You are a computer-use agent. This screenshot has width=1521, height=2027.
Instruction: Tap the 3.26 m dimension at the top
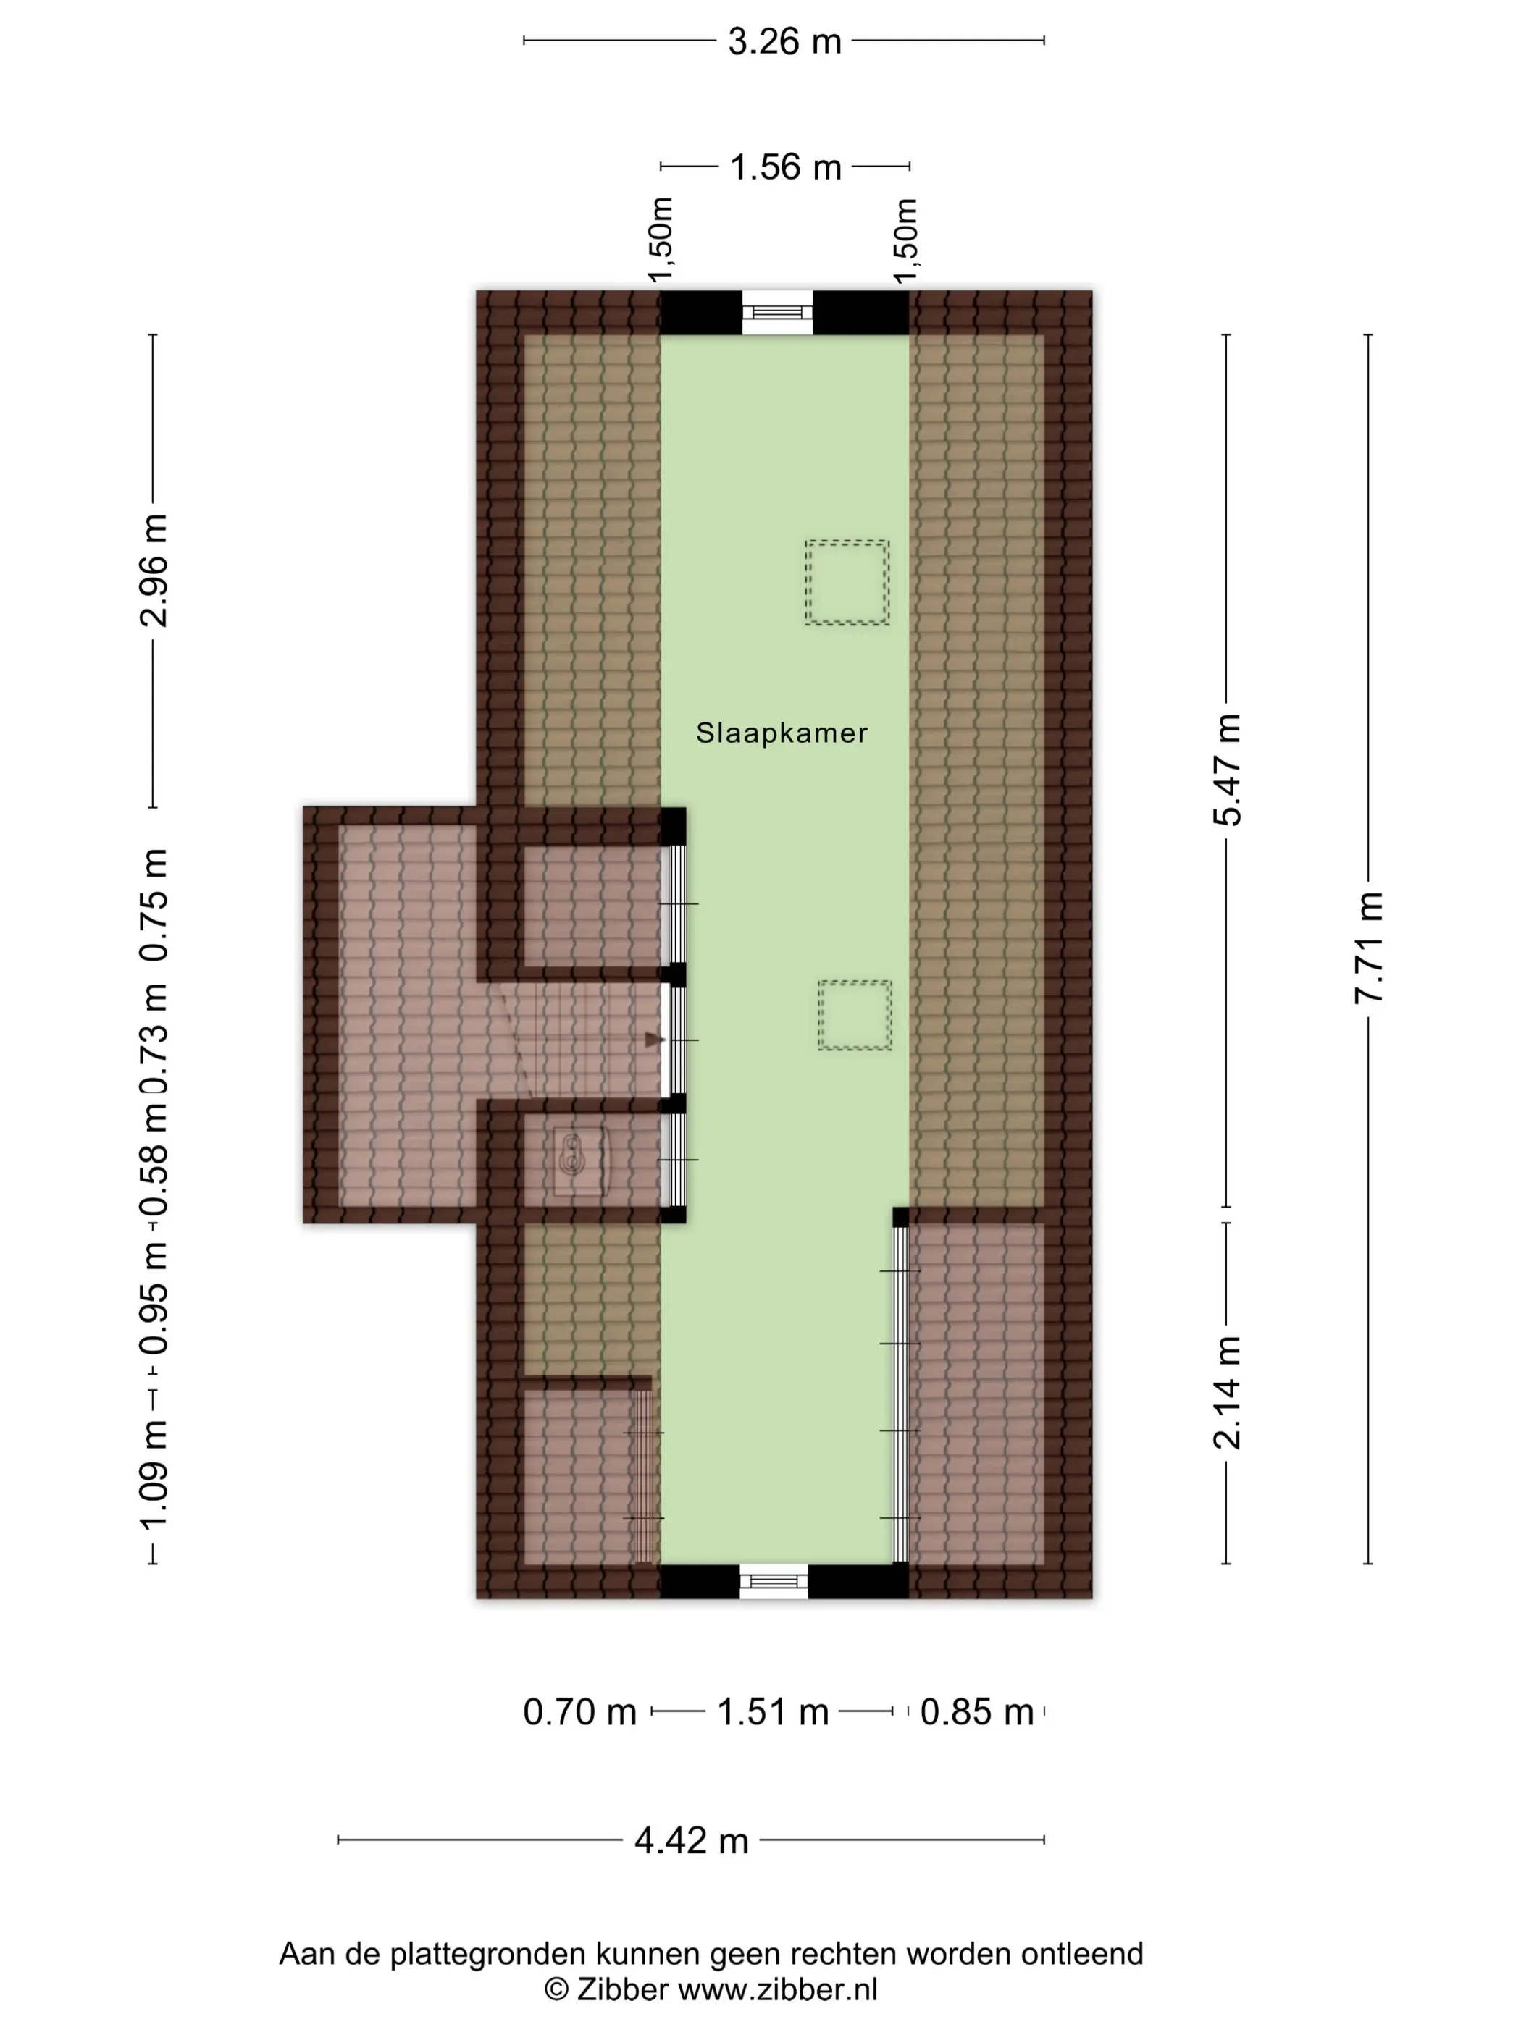tap(785, 41)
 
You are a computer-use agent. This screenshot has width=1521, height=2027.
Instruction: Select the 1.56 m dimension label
tap(786, 167)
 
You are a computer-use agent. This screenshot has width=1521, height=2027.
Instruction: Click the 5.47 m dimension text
tap(1227, 770)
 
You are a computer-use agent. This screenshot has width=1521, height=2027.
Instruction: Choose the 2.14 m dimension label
tap(1227, 1392)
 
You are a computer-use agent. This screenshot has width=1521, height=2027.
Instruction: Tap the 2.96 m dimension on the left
tap(153, 570)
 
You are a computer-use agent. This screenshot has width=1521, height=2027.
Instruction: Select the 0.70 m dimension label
tap(579, 1712)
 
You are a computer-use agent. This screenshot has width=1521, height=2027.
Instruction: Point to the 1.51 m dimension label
tap(772, 1712)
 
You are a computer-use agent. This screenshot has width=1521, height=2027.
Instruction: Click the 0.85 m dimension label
tap(976, 1712)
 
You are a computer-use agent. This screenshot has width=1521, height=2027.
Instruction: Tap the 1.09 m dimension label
tap(153, 1475)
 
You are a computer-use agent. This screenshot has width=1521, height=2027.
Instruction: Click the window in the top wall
tap(776, 313)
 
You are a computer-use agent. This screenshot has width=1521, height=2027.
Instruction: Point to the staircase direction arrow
tap(655, 1040)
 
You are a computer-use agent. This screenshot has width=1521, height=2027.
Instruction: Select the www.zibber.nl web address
tap(777, 1989)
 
